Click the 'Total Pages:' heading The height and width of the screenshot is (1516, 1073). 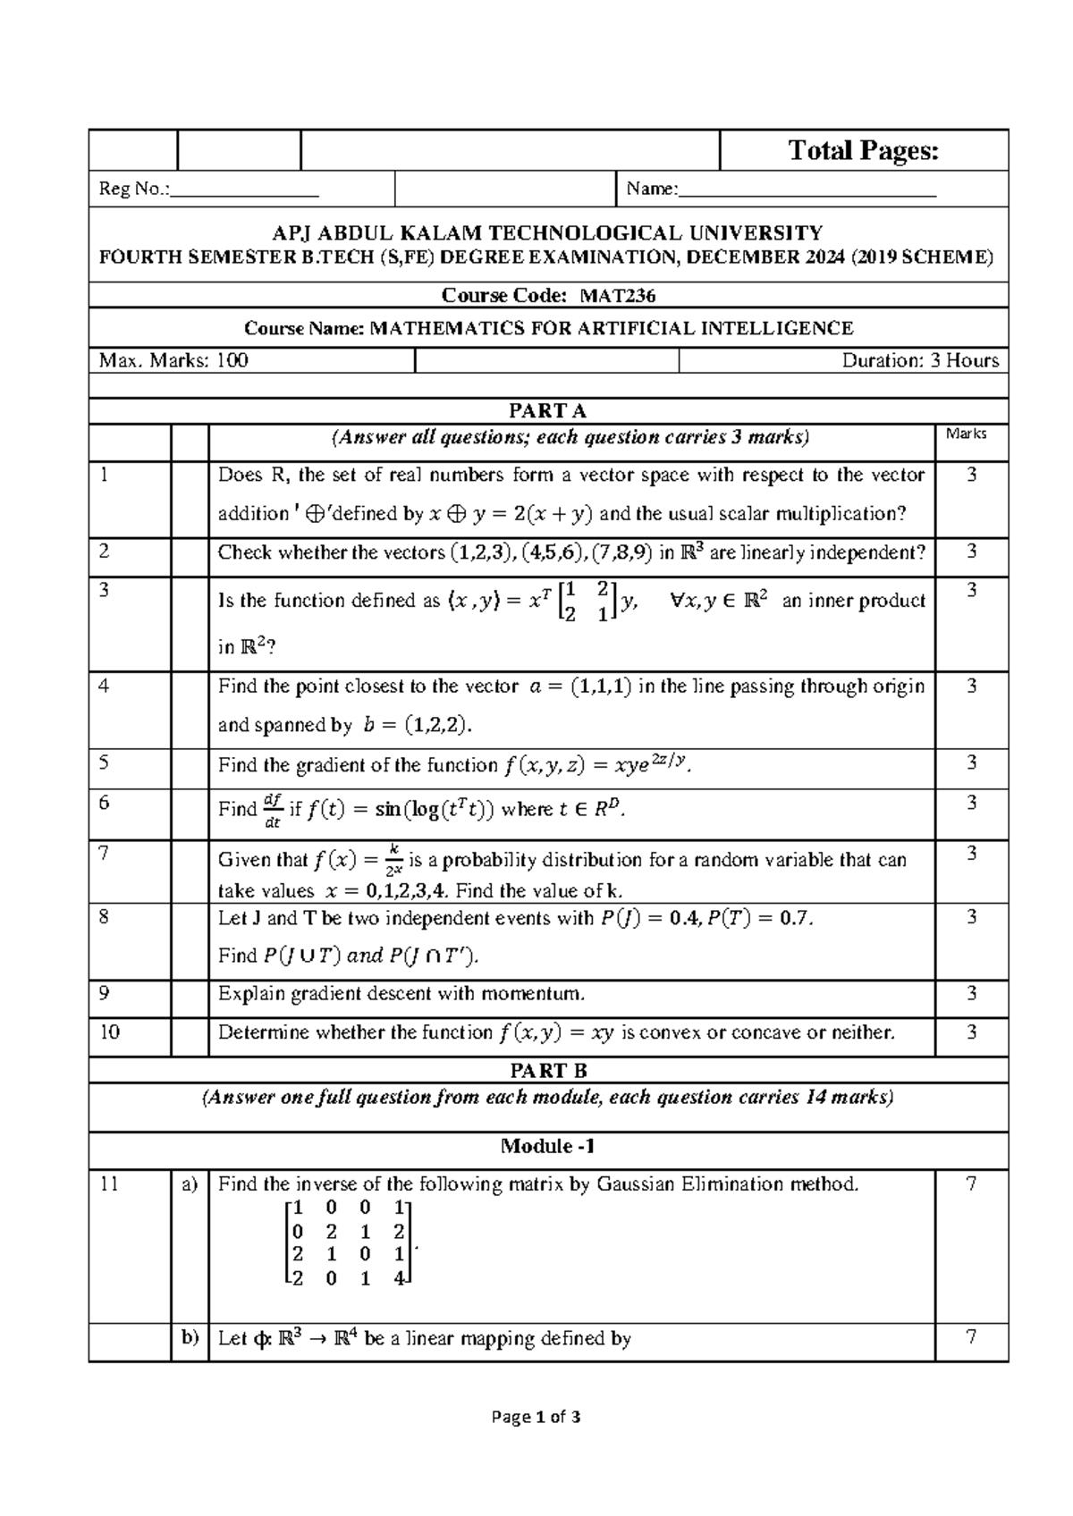(x=863, y=151)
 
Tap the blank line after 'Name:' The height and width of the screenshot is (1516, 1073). (x=807, y=190)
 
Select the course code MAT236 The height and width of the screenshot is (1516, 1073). (x=618, y=296)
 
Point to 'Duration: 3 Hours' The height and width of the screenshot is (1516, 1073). (x=919, y=361)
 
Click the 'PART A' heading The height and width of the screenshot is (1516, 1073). (x=547, y=411)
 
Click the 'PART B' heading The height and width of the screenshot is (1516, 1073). (x=547, y=1071)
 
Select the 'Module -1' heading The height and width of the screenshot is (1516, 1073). (x=547, y=1147)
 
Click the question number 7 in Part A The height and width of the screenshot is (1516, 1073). (x=105, y=854)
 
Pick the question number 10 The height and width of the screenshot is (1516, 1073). (x=109, y=1032)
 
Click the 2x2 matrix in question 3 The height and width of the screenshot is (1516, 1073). (x=586, y=601)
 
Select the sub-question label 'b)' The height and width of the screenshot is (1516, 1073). (x=190, y=1338)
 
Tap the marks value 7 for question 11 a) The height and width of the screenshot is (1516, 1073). (x=971, y=1184)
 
